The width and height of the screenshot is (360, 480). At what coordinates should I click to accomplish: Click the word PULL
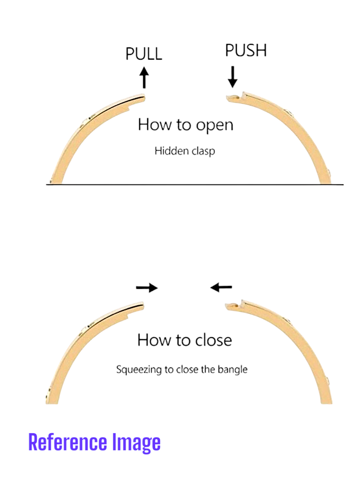pos(144,54)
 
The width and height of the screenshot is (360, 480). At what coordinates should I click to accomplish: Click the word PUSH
pos(246,51)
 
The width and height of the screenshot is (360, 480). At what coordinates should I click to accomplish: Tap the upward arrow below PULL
pos(144,77)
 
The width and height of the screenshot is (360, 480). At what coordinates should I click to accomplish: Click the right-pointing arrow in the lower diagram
pos(147,287)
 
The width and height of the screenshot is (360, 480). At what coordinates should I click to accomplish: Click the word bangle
pos(232,369)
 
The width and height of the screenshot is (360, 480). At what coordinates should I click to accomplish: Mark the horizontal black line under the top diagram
pos(195,185)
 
